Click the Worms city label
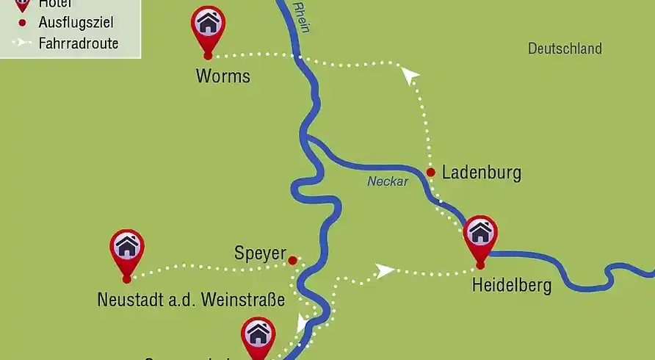click(222, 76)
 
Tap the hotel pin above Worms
click(208, 25)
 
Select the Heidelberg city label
click(512, 285)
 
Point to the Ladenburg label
click(482, 173)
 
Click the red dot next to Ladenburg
click(430, 173)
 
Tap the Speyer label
click(259, 253)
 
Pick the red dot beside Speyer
click(292, 260)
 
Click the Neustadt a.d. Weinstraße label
click(190, 300)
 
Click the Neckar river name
click(388, 181)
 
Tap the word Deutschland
click(565, 48)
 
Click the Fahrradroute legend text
click(79, 43)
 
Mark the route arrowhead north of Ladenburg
click(410, 73)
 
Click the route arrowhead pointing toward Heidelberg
click(384, 271)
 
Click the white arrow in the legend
click(23, 43)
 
